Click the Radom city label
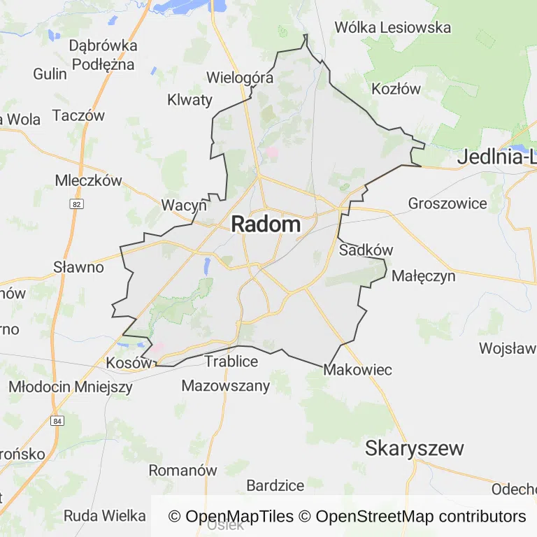(266, 224)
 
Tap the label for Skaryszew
(414, 448)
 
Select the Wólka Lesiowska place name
(392, 28)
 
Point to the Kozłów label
(396, 89)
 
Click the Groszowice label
(447, 203)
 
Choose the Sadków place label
(366, 250)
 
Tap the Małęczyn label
(424, 275)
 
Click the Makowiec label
(358, 370)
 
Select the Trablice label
(231, 361)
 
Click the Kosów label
(129, 363)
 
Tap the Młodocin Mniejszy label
(70, 386)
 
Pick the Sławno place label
(78, 267)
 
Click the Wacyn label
(184, 205)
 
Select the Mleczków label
(88, 180)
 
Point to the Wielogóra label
(239, 78)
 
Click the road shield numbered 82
(76, 203)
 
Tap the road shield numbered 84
(57, 421)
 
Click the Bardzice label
(275, 485)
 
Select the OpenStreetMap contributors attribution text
(420, 517)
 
